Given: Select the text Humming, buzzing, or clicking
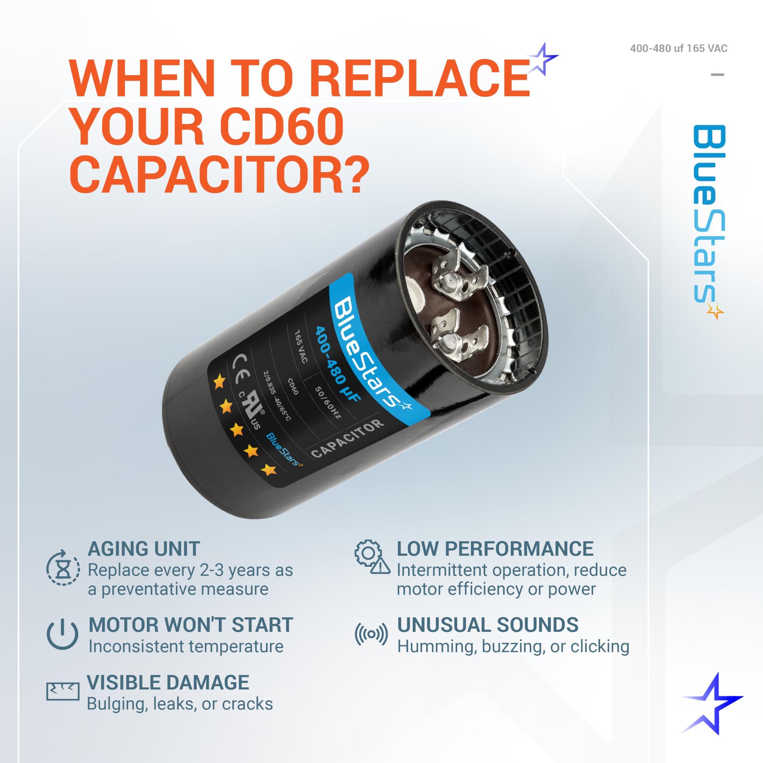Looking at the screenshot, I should (513, 646).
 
